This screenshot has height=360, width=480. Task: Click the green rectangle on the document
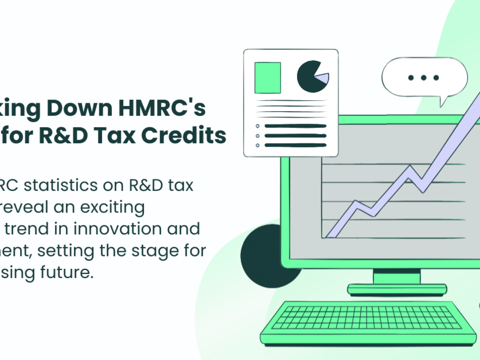[268, 78]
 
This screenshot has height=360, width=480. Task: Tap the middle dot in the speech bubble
[423, 78]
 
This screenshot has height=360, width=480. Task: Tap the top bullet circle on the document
[258, 126]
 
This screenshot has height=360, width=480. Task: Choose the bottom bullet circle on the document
[258, 145]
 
